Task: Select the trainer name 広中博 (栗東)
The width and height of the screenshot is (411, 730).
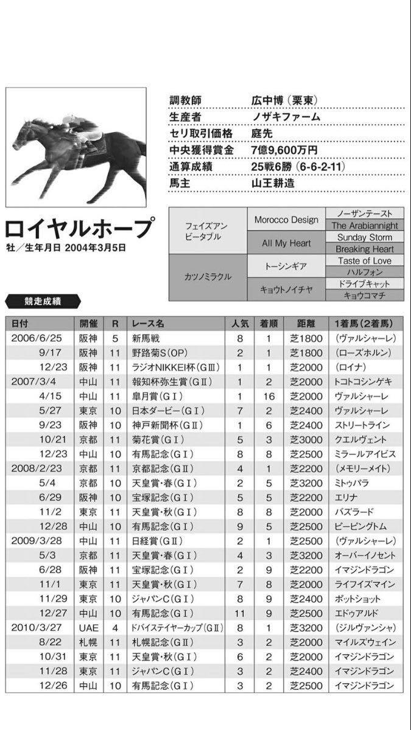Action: tap(283, 100)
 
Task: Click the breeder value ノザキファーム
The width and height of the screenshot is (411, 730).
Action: tap(286, 117)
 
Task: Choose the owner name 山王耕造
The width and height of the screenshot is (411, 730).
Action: tap(273, 182)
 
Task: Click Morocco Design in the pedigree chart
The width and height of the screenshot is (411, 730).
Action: tap(286, 220)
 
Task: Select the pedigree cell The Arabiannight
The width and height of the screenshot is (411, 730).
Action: tap(365, 225)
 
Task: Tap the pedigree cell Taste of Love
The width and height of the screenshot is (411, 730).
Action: tap(365, 260)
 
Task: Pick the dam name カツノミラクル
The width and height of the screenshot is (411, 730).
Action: tap(208, 277)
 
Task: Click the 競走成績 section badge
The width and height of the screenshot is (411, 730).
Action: tap(42, 300)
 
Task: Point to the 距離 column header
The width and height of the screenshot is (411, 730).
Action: tap(301, 323)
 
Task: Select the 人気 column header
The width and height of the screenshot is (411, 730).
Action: tap(239, 323)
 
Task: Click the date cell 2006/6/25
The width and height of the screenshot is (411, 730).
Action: tap(37, 338)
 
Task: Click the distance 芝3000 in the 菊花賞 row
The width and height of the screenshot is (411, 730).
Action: tap(301, 439)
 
